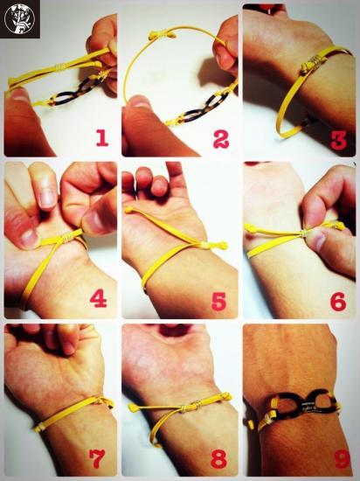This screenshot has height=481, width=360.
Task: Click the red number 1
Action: (x=102, y=137)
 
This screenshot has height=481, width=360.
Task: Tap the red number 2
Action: (x=221, y=139)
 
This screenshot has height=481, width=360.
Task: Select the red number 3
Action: (x=339, y=140)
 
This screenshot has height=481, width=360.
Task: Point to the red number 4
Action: (x=99, y=299)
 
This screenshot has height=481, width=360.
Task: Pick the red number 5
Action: (x=219, y=301)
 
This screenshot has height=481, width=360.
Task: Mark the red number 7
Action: (x=97, y=458)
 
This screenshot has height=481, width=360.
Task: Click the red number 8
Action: (x=219, y=459)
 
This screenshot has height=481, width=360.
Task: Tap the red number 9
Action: (x=342, y=459)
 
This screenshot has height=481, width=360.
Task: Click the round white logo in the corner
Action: (x=19, y=18)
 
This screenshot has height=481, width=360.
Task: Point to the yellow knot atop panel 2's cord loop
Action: (x=162, y=35)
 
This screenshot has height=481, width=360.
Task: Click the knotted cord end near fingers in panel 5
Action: (x=129, y=210)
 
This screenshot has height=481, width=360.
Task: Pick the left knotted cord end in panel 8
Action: (x=133, y=408)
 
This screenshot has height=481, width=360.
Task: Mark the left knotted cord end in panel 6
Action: (x=252, y=227)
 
